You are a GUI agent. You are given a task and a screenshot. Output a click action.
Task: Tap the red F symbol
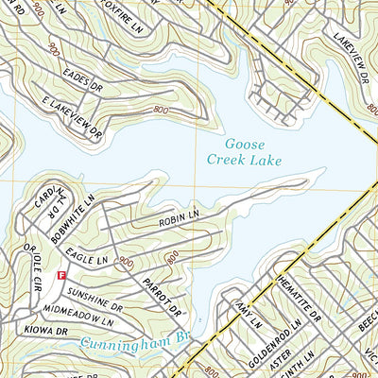click(61, 275)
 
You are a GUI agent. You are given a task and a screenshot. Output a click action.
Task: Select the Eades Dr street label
click(84, 85)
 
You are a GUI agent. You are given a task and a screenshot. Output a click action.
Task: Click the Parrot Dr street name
click(162, 298)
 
